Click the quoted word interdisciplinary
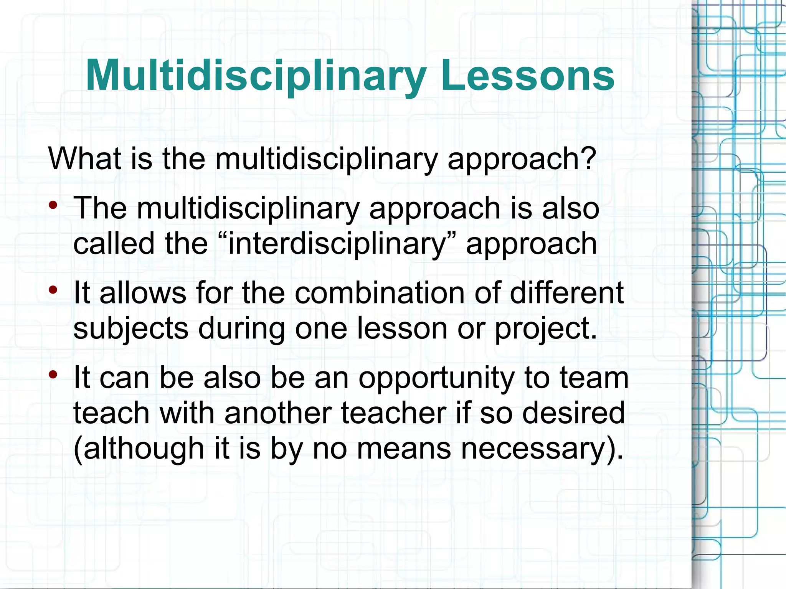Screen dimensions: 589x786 336,244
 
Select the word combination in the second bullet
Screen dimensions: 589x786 380,293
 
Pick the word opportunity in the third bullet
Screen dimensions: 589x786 436,378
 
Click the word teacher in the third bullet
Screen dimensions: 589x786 393,413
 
